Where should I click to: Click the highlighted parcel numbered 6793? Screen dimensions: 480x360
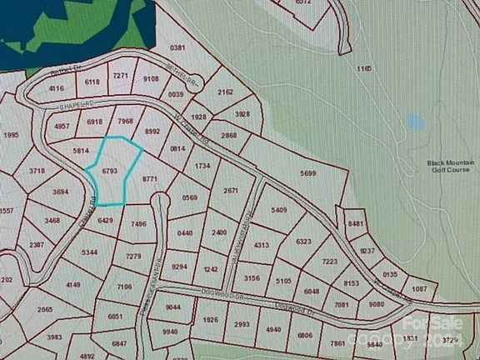click(x=109, y=171)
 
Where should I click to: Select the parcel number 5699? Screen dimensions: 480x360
click(x=307, y=173)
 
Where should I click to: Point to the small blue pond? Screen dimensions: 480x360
click(x=415, y=122)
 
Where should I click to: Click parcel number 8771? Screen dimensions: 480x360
click(x=150, y=179)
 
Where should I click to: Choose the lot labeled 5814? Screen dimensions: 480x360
click(x=81, y=152)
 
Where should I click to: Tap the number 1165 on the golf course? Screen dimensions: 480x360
click(x=362, y=67)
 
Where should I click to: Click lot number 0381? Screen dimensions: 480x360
click(x=177, y=49)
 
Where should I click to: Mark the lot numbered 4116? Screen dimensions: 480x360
click(x=57, y=88)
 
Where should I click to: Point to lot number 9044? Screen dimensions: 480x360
click(x=174, y=307)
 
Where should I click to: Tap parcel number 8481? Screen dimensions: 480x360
click(x=357, y=224)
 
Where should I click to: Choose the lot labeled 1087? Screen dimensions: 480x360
click(x=419, y=289)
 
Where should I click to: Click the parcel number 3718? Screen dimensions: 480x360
click(x=37, y=171)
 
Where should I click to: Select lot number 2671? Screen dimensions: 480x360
click(x=232, y=191)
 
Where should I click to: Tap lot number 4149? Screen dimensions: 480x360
click(x=73, y=286)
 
